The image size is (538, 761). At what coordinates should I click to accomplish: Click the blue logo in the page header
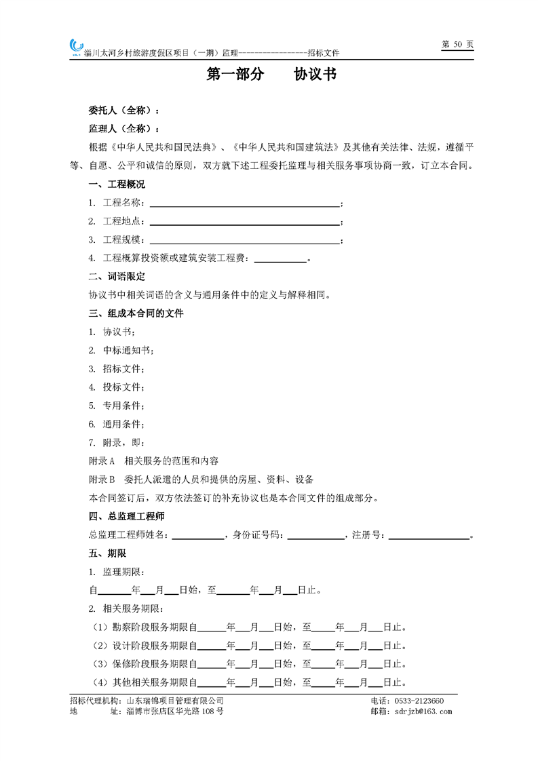pos(76,46)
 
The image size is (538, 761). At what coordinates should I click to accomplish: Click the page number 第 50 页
pos(457,44)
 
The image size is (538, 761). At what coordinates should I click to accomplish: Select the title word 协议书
pos(315,75)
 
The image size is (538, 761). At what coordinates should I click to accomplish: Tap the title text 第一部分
pos(235,75)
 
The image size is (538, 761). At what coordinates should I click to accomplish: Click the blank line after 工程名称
pos(244,203)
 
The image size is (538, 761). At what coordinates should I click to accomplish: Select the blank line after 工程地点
pos(244,222)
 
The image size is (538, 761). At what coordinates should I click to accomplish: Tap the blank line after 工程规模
pos(244,240)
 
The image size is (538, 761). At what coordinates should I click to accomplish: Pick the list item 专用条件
pos(123,406)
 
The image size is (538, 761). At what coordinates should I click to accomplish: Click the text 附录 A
pos(102,461)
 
